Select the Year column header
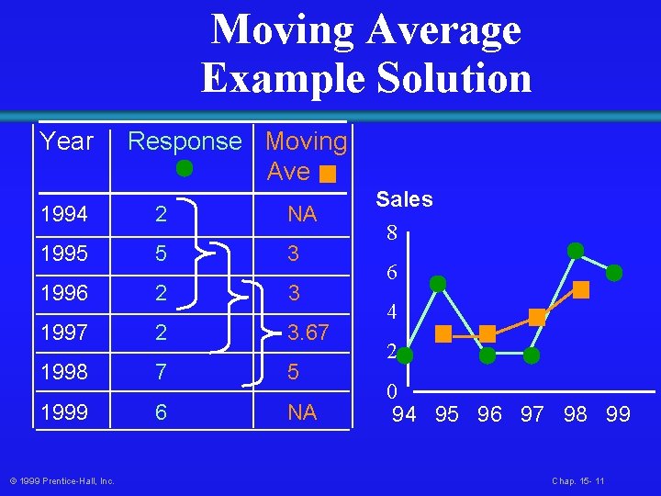click(x=67, y=141)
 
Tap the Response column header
click(x=184, y=141)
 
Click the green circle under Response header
click(x=185, y=168)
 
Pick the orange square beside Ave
click(x=329, y=173)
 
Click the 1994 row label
click(x=64, y=215)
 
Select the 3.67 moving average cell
click(x=308, y=333)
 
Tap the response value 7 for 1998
click(x=162, y=372)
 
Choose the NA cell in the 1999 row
click(x=301, y=412)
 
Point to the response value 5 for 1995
click(x=162, y=254)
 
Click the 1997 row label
click(x=64, y=333)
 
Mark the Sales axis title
click(x=404, y=200)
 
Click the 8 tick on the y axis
click(x=392, y=234)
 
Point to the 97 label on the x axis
click(x=532, y=414)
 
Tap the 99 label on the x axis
click(x=618, y=414)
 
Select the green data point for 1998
click(x=576, y=250)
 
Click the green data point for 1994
click(x=405, y=354)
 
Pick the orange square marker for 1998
click(x=581, y=290)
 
